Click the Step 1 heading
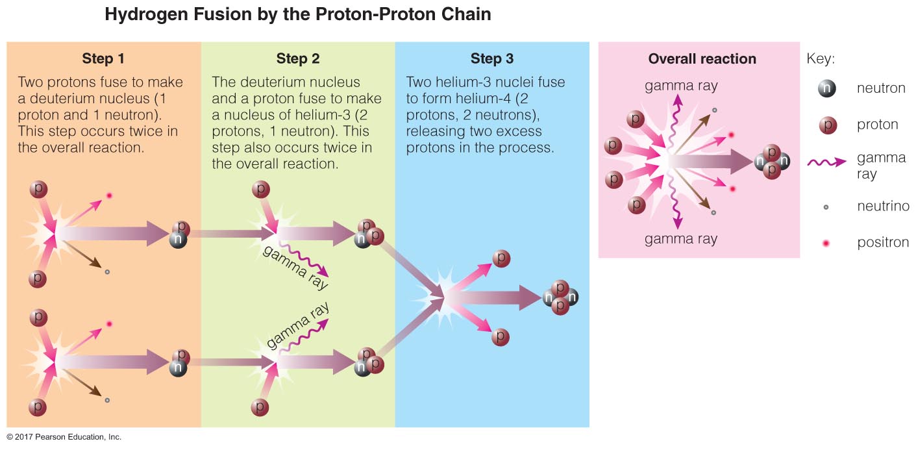(103, 59)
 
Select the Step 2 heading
(298, 59)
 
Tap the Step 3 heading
(491, 59)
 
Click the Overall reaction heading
(702, 59)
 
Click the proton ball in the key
(827, 125)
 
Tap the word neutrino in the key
(883, 206)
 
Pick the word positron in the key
(883, 243)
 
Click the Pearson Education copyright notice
(64, 437)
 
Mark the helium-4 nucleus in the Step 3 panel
(560, 297)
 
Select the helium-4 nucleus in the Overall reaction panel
(771, 161)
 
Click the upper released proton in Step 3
(501, 258)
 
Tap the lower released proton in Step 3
(500, 338)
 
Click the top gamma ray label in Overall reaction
(681, 86)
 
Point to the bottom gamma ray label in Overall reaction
(681, 239)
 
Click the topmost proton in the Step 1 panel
(38, 190)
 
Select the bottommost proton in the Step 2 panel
(260, 407)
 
